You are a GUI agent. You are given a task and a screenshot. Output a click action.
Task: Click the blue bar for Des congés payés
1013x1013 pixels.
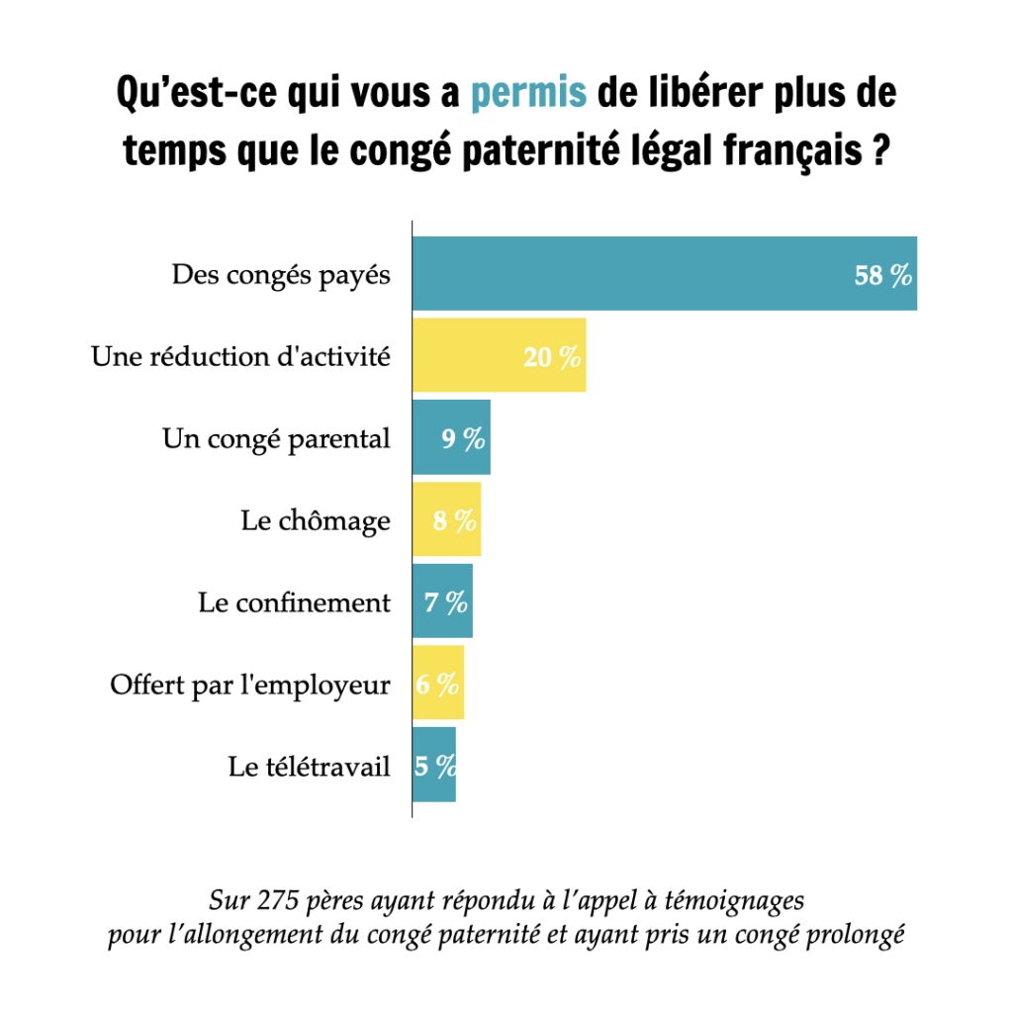coord(665,273)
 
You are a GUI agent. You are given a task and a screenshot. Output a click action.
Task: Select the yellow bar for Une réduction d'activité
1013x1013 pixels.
coord(500,355)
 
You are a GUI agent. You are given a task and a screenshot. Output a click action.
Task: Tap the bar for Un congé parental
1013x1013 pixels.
coord(451,437)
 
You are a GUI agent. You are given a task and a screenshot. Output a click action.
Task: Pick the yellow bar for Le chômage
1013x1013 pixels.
coord(447,518)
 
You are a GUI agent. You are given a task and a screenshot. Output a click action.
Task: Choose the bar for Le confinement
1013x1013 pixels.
coord(442,600)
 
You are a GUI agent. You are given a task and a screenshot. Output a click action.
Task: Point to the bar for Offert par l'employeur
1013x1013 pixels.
coord(438,683)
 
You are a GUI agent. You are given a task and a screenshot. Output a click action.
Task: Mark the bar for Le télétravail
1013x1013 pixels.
coord(434,765)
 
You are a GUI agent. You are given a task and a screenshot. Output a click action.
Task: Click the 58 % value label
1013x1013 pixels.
coord(882,275)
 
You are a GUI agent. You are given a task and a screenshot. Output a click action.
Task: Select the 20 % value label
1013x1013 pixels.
coord(552,356)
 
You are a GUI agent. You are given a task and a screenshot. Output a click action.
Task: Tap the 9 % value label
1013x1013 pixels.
coord(463,438)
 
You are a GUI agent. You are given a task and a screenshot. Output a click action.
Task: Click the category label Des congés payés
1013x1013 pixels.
coord(281,275)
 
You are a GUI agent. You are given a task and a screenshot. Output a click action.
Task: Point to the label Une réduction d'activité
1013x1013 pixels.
coord(241,356)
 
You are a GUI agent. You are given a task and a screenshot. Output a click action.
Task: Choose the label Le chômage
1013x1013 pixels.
coord(316,520)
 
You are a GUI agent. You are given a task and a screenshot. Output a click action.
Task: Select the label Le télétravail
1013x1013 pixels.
coord(310,767)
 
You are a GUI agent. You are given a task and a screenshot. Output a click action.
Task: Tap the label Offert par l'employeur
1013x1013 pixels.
coord(250,685)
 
